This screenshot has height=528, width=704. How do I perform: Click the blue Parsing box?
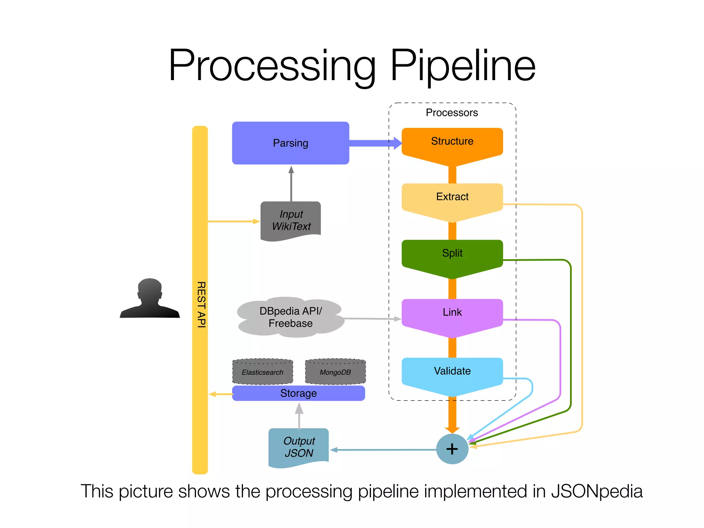[x=290, y=143]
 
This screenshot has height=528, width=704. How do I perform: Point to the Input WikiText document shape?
[x=291, y=220]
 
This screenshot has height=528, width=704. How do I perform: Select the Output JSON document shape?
[x=299, y=447]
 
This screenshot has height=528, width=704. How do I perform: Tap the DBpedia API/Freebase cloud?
[x=290, y=317]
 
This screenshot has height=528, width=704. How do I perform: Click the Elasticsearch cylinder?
[x=263, y=372]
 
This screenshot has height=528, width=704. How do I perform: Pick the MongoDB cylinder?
[x=335, y=372]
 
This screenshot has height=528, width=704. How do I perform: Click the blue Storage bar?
[x=298, y=393]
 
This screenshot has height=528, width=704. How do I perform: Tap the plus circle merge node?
[x=452, y=449]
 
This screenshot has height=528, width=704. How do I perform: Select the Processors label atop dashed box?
[x=452, y=113]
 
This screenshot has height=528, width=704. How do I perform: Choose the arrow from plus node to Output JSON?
[x=383, y=450]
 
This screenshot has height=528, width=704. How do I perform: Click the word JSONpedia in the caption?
[x=597, y=491]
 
